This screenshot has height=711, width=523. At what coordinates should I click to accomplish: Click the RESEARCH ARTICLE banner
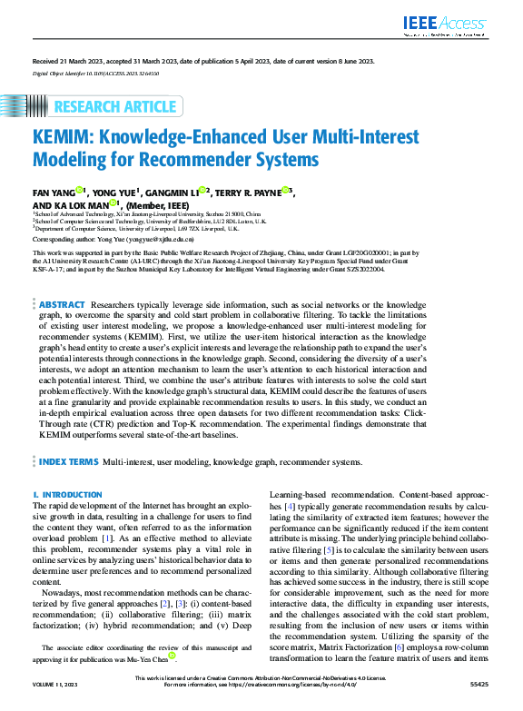pos(115,107)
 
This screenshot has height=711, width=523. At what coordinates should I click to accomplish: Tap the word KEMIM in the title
pos(66,139)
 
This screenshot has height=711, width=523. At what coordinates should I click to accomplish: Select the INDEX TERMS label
pos(68,462)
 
